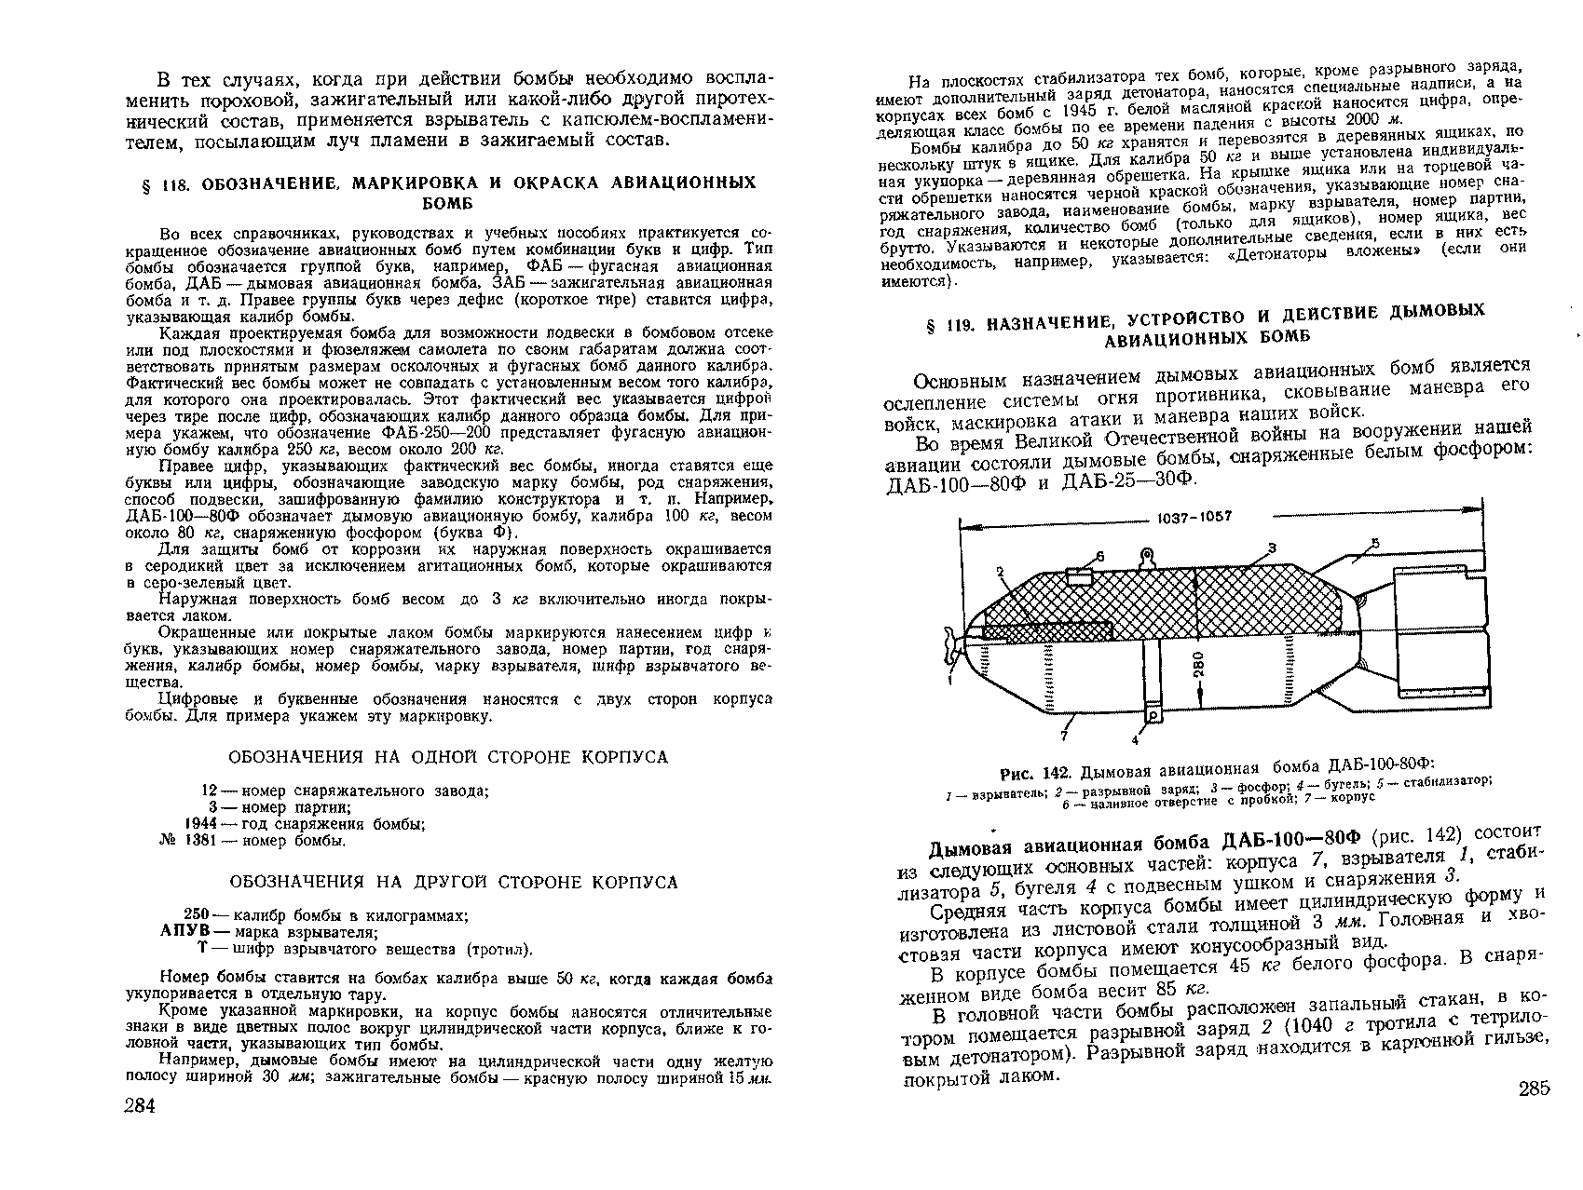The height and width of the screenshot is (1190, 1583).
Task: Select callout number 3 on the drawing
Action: point(1271,547)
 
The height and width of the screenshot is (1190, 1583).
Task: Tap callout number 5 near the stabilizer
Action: point(1374,543)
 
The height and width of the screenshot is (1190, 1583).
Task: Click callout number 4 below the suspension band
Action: point(1135,741)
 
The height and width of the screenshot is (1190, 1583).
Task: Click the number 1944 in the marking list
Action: point(200,824)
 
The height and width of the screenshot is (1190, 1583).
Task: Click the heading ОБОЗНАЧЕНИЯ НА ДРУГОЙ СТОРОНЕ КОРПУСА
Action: point(454,882)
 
